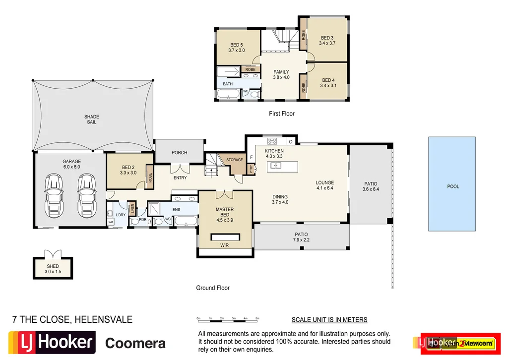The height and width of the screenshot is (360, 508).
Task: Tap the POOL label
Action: [x=452, y=187]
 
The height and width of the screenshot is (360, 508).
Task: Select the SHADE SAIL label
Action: [x=91, y=120]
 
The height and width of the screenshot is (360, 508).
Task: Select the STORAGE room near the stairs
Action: [x=235, y=160]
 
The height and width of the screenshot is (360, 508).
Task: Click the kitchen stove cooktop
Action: [x=272, y=141]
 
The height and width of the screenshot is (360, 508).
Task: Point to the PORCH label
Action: [x=179, y=153]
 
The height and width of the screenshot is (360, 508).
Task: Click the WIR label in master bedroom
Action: [x=225, y=245]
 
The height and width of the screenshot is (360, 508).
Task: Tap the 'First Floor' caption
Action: [x=281, y=114]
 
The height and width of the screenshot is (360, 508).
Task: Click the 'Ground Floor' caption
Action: [x=212, y=288]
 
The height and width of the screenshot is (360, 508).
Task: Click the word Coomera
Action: [x=135, y=343]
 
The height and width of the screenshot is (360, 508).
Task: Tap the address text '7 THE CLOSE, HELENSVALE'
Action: [x=72, y=320]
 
